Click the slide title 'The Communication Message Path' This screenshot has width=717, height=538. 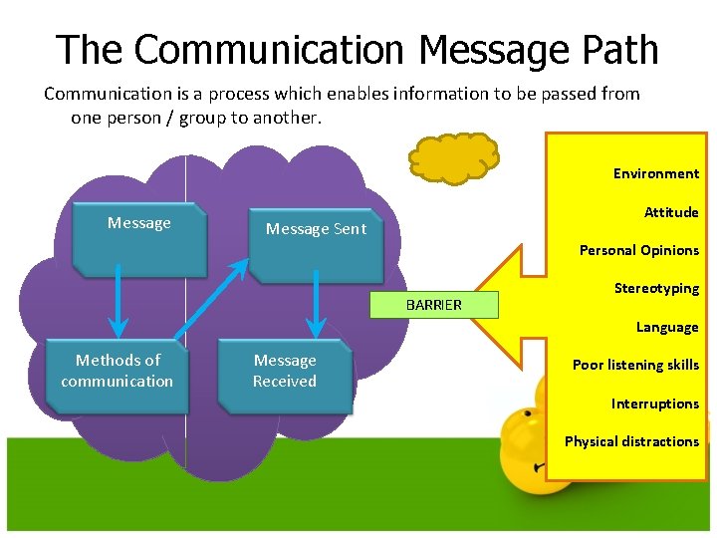click(358, 48)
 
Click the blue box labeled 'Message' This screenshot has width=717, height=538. click(139, 238)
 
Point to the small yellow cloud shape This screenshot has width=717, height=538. click(454, 158)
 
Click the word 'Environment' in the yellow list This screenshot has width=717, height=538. click(655, 173)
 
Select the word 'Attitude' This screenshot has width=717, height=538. click(670, 212)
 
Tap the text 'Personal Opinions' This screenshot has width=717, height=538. click(638, 250)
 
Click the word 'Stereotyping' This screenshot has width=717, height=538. click(656, 288)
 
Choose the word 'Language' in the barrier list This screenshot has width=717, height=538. click(667, 327)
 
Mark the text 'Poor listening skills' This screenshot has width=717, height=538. click(635, 365)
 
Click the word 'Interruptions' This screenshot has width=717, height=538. click(654, 403)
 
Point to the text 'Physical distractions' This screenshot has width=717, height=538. click(631, 441)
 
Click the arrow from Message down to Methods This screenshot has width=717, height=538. click(119, 303)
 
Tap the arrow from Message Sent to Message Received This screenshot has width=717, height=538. click(317, 303)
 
